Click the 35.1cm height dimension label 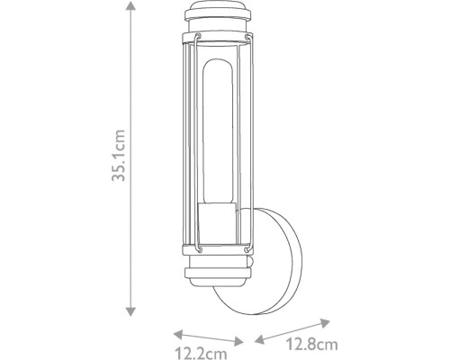[x=118, y=156]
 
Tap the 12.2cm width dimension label [x=201, y=353]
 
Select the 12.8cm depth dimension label [x=311, y=344]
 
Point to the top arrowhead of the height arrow [x=130, y=5]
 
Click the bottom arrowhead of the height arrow [x=130, y=311]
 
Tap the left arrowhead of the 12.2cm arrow [x=178, y=335]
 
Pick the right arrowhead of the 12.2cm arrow [x=238, y=341]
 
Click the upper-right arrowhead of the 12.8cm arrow [x=325, y=323]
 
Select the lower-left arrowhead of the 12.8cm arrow [x=259, y=338]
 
